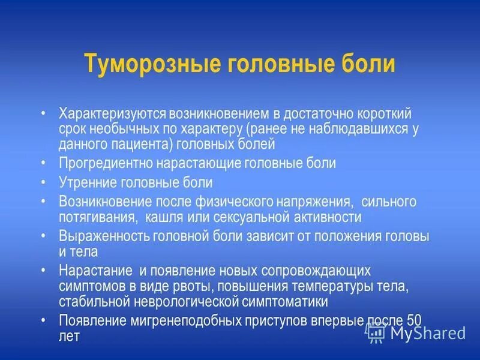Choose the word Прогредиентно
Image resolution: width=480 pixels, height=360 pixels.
point(105,163)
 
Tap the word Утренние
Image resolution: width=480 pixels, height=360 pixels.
point(85,182)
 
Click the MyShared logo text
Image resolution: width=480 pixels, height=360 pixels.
point(427,333)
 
